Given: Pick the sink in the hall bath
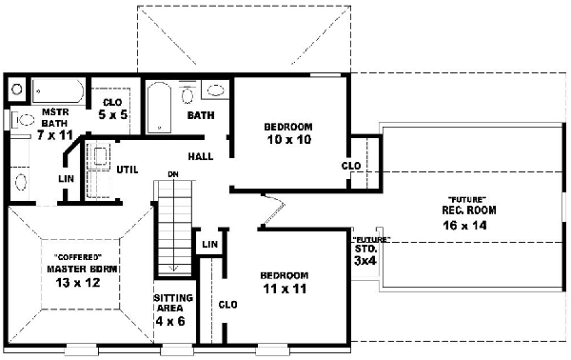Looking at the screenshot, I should pyautogui.click(x=216, y=93).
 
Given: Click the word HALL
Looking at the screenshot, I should pyautogui.click(x=200, y=156).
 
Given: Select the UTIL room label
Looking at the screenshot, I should pyautogui.click(x=128, y=170).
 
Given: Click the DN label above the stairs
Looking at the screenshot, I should pyautogui.click(x=173, y=174).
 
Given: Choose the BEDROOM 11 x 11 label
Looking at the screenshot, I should pyautogui.click(x=285, y=283).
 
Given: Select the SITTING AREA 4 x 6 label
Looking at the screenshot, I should pyautogui.click(x=173, y=310).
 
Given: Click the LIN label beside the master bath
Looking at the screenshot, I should pyautogui.click(x=66, y=178).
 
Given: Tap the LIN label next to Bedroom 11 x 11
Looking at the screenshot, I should pyautogui.click(x=209, y=246).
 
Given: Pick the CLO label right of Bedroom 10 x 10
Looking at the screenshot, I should pyautogui.click(x=350, y=165).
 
